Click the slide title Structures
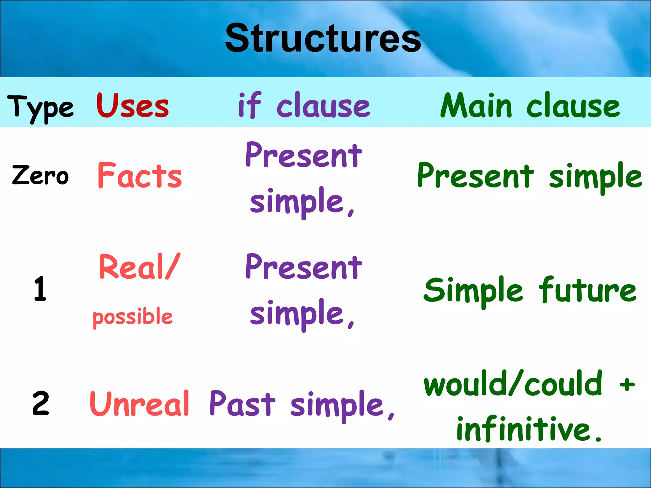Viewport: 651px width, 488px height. [323, 39]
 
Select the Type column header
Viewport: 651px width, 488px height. [40, 108]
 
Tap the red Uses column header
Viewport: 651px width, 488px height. [133, 105]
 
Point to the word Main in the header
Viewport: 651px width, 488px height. [476, 105]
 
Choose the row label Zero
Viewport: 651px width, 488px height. [40, 175]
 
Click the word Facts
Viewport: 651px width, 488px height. [140, 176]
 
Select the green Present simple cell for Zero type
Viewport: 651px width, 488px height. [529, 176]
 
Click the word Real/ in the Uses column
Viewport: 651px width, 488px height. [140, 267]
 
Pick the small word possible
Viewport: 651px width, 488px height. [133, 317]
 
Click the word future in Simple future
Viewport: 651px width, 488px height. [587, 290]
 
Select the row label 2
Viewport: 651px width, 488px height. [41, 403]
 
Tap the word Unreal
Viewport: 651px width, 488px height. [140, 403]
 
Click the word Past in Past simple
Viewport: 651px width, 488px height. [242, 403]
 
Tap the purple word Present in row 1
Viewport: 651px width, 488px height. [304, 268]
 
